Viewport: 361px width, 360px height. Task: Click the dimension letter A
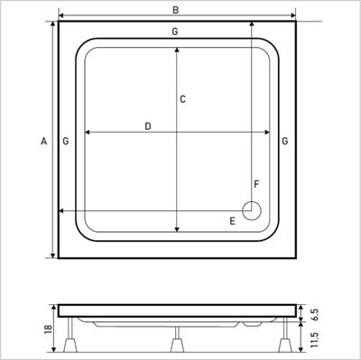44,141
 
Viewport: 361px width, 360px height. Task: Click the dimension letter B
175,10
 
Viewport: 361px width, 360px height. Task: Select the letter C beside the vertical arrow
182,99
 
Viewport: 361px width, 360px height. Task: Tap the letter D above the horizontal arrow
148,126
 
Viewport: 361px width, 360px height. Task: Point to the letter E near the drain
232,221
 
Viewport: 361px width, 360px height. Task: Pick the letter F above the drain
256,184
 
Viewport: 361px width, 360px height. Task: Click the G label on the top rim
175,32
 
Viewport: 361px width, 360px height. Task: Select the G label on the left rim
66,141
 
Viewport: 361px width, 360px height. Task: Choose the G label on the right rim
284,141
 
